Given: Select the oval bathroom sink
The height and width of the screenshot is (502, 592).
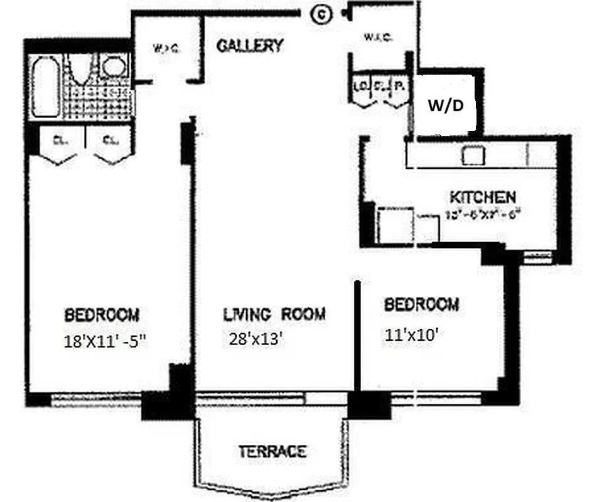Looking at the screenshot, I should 114,67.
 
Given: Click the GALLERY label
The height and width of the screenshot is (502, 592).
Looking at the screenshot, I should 249,46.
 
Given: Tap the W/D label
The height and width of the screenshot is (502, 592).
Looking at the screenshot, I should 446,106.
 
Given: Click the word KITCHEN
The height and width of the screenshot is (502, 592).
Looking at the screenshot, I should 483,197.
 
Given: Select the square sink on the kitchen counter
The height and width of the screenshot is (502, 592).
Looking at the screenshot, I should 472,155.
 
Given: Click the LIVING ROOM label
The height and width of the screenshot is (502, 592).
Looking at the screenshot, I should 274,314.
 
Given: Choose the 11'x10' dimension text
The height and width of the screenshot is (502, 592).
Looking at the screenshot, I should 411,335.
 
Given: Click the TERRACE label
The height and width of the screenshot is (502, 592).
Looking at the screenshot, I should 272,451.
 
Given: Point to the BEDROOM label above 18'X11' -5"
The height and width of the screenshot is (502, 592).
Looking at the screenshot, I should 102,314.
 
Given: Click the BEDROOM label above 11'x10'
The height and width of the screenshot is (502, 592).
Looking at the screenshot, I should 421,305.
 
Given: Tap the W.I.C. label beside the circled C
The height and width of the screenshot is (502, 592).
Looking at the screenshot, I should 378,38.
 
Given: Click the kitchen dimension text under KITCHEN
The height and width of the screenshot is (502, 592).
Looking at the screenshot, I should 483,213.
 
